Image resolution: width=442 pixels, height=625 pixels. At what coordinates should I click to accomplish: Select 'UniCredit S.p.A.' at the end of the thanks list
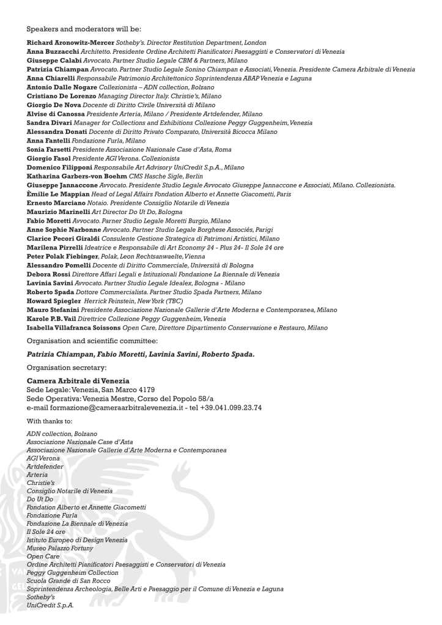tap(50, 605)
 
